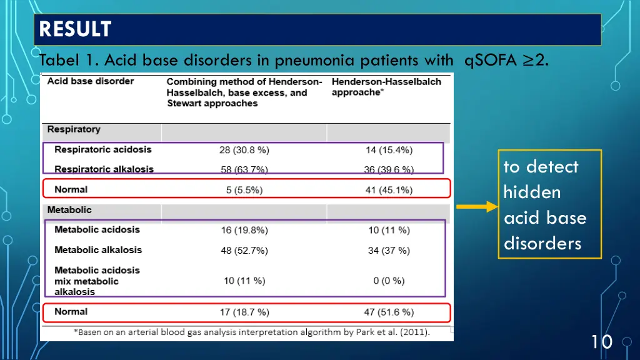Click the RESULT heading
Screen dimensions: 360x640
pyautogui.click(x=75, y=29)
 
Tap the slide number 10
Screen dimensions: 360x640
pyautogui.click(x=601, y=341)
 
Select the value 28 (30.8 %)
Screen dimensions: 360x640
pyautogui.click(x=244, y=150)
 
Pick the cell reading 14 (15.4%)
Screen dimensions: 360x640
pyautogui.click(x=389, y=150)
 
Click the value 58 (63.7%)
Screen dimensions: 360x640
pyautogui.click(x=244, y=169)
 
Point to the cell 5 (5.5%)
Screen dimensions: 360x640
pyautogui.click(x=244, y=190)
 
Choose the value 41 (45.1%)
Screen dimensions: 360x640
pyautogui.click(x=389, y=190)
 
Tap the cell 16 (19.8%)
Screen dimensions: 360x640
pyautogui.click(x=244, y=230)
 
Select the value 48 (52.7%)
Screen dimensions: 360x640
pyautogui.click(x=244, y=251)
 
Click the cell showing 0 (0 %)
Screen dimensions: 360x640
pyautogui.click(x=389, y=281)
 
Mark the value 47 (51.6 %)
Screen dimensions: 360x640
pyautogui.click(x=389, y=312)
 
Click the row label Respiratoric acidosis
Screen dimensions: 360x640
pyautogui.click(x=102, y=150)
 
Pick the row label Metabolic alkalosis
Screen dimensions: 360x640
pyautogui.click(x=98, y=250)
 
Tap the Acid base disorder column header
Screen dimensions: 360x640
pyautogui.click(x=91, y=81)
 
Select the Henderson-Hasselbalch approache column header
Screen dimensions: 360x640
pyautogui.click(x=386, y=87)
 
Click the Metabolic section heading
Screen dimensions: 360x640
pyautogui.click(x=69, y=210)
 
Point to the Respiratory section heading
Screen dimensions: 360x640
pyautogui.click(x=74, y=129)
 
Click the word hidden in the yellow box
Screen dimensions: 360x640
pyautogui.click(x=532, y=192)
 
